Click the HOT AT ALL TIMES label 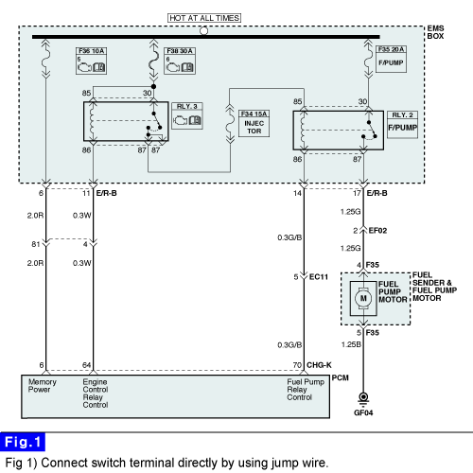[204, 18]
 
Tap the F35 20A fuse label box [391, 59]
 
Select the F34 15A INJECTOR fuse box [254, 123]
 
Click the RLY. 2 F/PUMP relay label [402, 125]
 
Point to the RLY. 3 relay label [187, 115]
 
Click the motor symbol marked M [363, 298]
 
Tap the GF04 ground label [363, 412]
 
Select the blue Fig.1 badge [23, 442]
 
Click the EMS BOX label [435, 32]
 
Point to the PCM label [341, 377]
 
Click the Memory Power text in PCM [42, 386]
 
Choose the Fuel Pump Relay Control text [306, 390]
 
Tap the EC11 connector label [319, 277]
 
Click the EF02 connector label [377, 231]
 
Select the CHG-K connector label [319, 365]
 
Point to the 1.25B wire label [351, 344]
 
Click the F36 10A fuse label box [91, 61]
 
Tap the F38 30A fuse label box [180, 61]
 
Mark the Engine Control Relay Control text [96, 394]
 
